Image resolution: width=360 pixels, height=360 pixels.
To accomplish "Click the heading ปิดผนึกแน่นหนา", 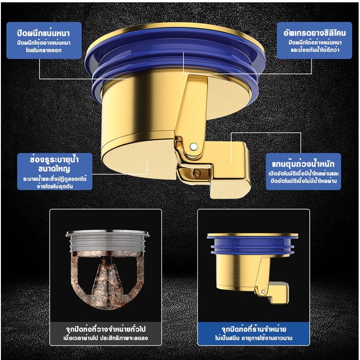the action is (43, 33).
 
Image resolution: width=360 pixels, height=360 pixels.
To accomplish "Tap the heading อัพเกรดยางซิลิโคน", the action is (315, 33).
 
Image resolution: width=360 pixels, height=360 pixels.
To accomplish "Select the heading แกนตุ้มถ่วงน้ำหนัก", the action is (303, 163).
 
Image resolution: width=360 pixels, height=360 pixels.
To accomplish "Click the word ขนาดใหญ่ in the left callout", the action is (54, 169).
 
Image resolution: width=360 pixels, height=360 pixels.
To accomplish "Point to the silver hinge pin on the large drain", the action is (194, 146).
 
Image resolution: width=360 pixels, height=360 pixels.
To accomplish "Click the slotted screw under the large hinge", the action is (196, 173).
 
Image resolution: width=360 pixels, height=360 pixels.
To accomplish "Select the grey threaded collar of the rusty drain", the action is (107, 241).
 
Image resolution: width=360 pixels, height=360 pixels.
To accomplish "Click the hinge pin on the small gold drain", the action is (263, 292).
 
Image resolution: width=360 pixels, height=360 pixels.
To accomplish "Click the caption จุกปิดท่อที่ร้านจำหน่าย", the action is (254, 329).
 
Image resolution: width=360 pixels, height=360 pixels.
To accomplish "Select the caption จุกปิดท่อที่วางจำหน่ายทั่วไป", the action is (106, 329).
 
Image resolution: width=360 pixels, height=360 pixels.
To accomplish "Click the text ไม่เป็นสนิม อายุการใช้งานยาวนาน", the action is (254, 338).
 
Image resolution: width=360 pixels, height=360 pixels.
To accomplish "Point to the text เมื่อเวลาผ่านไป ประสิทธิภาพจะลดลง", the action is (106, 338).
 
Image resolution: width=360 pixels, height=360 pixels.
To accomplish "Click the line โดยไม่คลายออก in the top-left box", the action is (44, 50).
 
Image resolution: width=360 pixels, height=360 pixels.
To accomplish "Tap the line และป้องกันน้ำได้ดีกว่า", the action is (315, 50).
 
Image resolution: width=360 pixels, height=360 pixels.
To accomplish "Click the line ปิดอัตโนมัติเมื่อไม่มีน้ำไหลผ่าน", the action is (303, 181).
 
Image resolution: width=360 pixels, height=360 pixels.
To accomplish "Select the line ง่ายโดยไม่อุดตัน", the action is (55, 186).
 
